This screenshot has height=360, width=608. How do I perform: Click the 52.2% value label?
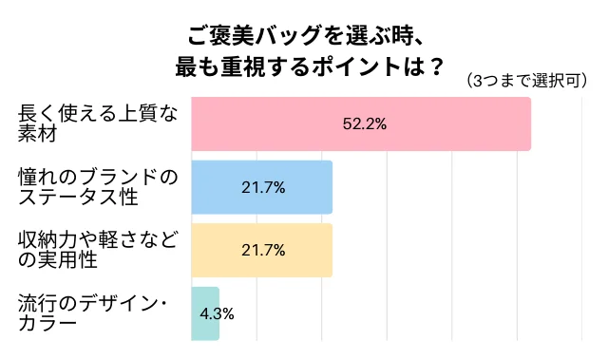[364, 123]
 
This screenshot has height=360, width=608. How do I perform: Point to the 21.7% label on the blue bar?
[263, 187]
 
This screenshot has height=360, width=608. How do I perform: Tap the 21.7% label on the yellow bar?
[263, 250]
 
